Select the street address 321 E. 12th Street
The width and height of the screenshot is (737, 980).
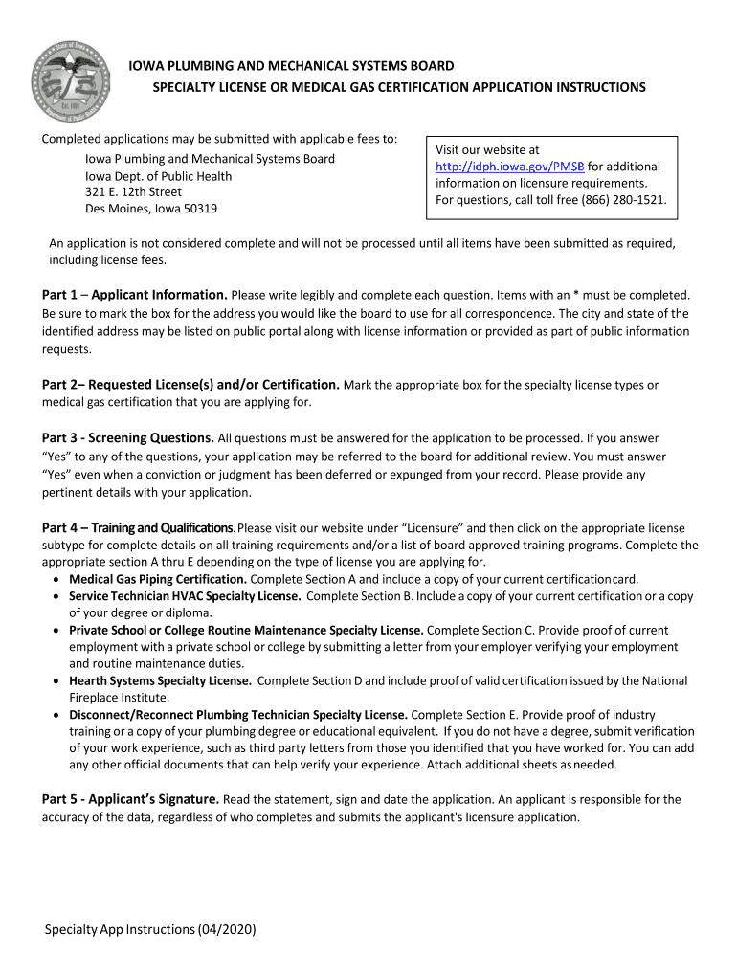coord(134,191)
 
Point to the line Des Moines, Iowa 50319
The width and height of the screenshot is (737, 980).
coord(151,209)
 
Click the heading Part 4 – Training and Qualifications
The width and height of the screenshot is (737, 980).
coord(137,528)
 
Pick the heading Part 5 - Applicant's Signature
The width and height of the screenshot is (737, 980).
coord(131,799)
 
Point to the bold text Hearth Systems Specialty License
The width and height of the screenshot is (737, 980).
coord(160,680)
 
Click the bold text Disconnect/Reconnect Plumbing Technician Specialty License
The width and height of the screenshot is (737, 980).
coord(238,715)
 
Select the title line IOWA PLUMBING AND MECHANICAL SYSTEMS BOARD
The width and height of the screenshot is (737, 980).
coord(291,66)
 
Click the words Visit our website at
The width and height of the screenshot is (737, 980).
coord(487,149)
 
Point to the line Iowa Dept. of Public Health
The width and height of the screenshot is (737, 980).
coord(159,175)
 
